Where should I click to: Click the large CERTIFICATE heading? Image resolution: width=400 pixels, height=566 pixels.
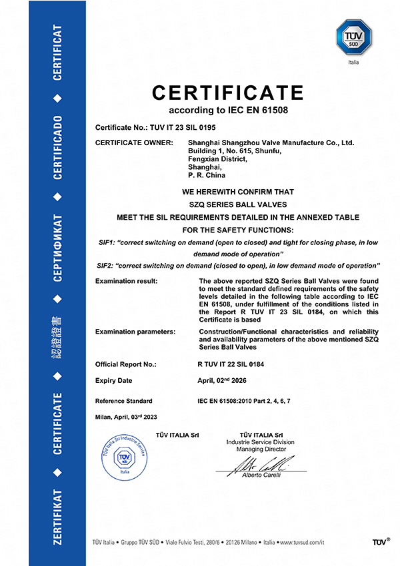pos(227,92)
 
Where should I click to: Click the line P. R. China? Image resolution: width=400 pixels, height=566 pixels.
pos(208,176)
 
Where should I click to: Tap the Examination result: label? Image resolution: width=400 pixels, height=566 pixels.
pos(127,282)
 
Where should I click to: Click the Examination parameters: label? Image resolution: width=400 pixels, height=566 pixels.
pos(135,331)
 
